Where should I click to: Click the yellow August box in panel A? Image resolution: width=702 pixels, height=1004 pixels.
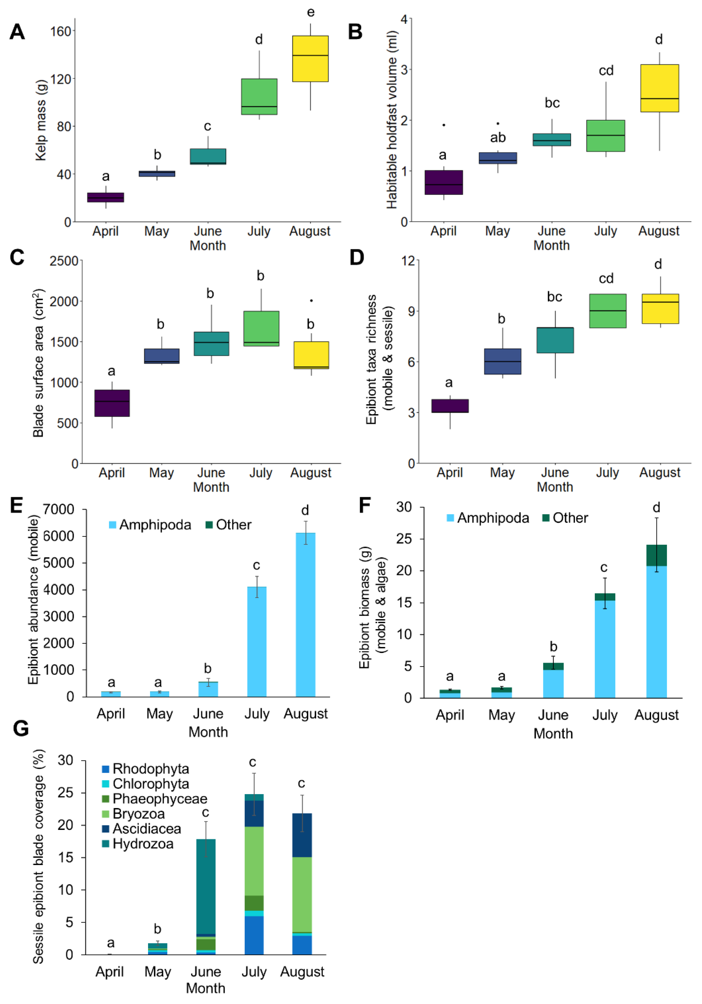coord(310,59)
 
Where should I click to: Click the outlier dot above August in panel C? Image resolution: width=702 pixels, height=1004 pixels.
coord(311,300)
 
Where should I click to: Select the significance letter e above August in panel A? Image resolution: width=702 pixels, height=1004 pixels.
coord(311,12)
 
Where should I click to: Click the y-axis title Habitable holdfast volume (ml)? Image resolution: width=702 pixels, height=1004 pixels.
coord(392,119)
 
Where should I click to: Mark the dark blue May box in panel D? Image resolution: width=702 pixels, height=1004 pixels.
coord(502,361)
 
